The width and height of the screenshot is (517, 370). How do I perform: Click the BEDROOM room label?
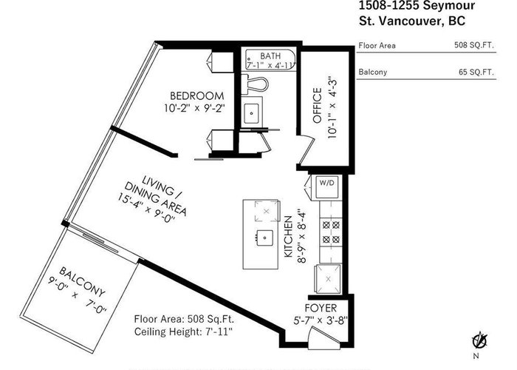tap(197, 95)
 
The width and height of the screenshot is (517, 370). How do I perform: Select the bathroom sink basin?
tap(252, 113)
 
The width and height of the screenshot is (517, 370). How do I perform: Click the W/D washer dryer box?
tap(326, 187)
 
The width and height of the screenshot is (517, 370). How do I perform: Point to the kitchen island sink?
tap(264, 238)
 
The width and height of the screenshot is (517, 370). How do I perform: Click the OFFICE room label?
tap(317, 106)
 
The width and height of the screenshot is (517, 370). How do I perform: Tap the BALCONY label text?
tap(83, 281)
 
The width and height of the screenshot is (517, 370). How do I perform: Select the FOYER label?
tap(321, 308)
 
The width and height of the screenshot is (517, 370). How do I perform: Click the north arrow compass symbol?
tap(480, 342)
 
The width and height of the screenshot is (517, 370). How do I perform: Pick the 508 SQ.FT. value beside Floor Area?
tap(474, 45)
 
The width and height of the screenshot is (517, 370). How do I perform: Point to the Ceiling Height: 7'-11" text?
tap(183, 332)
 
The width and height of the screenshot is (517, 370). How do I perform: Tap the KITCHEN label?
tap(288, 236)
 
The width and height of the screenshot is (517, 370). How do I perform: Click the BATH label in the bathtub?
tap(270, 55)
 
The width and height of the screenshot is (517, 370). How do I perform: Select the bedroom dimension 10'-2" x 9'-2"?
tap(194, 108)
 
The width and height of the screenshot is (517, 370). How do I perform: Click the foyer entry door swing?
tap(325, 337)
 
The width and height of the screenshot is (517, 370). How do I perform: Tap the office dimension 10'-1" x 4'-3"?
tap(332, 108)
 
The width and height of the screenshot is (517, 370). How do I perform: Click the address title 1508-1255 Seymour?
tap(417, 5)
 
